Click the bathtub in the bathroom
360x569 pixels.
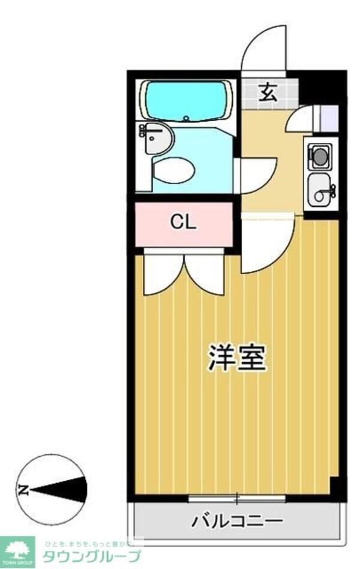click(x=186, y=100)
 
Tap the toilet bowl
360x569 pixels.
click(x=173, y=170)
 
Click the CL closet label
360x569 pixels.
click(x=183, y=223)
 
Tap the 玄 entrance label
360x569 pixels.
click(x=269, y=93)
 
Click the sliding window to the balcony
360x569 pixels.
click(x=236, y=498)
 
